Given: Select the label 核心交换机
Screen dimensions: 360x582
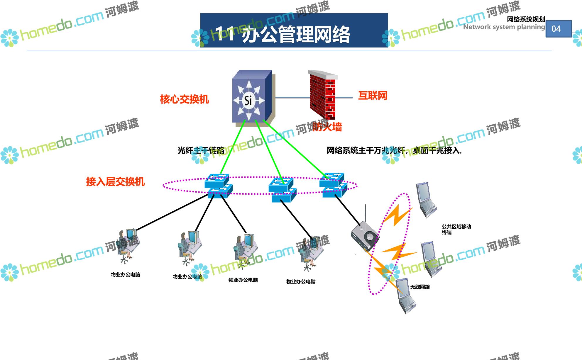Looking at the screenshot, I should (x=184, y=99).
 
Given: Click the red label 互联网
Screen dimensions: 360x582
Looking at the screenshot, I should (x=373, y=96).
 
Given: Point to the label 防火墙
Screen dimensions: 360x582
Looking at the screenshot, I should (x=327, y=127).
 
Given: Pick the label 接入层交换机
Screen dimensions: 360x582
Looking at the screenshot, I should (x=115, y=182).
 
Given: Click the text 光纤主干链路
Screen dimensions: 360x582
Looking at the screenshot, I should (x=201, y=151).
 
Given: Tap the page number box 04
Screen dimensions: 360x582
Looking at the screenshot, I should (x=558, y=29).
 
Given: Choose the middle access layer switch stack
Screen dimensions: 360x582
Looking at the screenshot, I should (x=282, y=190).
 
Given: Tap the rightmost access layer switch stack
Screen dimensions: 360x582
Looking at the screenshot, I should (x=333, y=185).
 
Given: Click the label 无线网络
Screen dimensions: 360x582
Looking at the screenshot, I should (x=420, y=287).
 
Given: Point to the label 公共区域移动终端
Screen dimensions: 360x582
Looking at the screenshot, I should (x=456, y=229).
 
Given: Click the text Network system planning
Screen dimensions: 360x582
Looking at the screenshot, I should (x=504, y=27).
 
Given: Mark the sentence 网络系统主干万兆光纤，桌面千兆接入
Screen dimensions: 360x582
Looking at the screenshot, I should (x=394, y=151).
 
